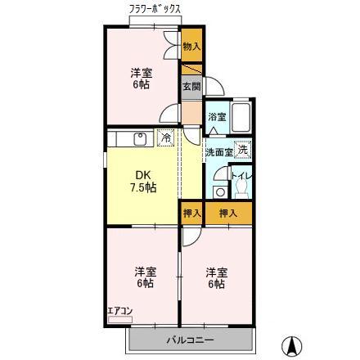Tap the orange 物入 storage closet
click(191, 46)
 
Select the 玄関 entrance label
click(190, 87)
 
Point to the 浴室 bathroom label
click(216, 118)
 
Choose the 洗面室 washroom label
click(218, 151)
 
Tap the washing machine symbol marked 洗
click(245, 149)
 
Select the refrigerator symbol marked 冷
click(166, 137)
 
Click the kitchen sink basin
click(138, 137)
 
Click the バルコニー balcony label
click(191, 339)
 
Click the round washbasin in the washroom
click(217, 191)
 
